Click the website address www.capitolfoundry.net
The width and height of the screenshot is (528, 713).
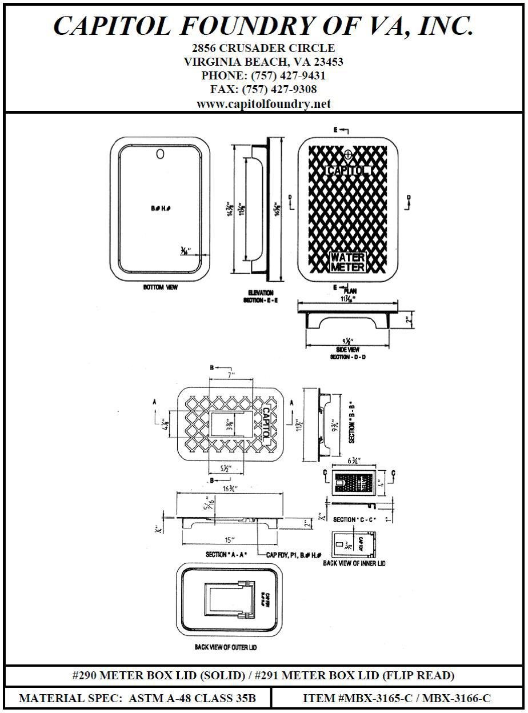pos(263,104)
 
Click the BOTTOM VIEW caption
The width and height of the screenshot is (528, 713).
pos(160,287)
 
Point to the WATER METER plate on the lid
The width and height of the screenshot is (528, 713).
pos(347,262)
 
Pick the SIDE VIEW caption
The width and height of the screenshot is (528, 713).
pos(347,350)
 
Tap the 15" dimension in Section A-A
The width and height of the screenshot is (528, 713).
pos(229,539)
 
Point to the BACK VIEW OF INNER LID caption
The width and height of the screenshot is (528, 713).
pos(354,563)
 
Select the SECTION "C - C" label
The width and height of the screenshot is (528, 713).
pos(354,520)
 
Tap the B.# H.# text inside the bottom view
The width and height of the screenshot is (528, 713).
pos(160,209)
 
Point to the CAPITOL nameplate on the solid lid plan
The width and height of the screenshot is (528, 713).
pos(349,170)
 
